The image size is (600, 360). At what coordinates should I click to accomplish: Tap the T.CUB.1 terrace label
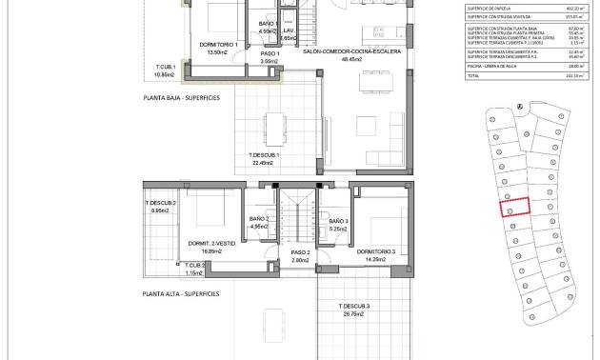coord(167,66)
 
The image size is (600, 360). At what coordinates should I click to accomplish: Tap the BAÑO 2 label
coord(259,219)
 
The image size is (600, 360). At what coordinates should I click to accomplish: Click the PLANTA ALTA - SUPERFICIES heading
coord(182,293)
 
